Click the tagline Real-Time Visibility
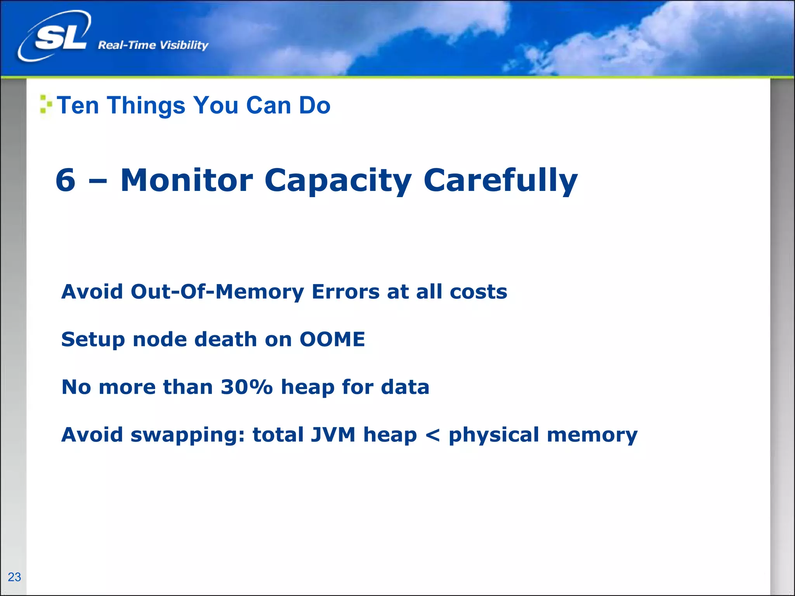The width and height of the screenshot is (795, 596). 153,45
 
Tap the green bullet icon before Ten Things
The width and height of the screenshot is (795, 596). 46,104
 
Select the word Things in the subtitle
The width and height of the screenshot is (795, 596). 146,105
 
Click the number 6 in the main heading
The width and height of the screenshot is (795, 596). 65,180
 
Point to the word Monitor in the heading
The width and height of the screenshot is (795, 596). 187,180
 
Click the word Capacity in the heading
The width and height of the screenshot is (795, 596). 338,181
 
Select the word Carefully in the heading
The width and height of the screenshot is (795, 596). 500,181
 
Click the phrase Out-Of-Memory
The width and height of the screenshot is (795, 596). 217,291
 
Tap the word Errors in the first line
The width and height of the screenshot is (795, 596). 345,291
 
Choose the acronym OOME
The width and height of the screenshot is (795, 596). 332,339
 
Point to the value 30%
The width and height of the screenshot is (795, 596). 246,387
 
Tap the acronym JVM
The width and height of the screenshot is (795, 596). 333,435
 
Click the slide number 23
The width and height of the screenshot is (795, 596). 14,577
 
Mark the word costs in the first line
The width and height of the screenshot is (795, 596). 478,291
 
